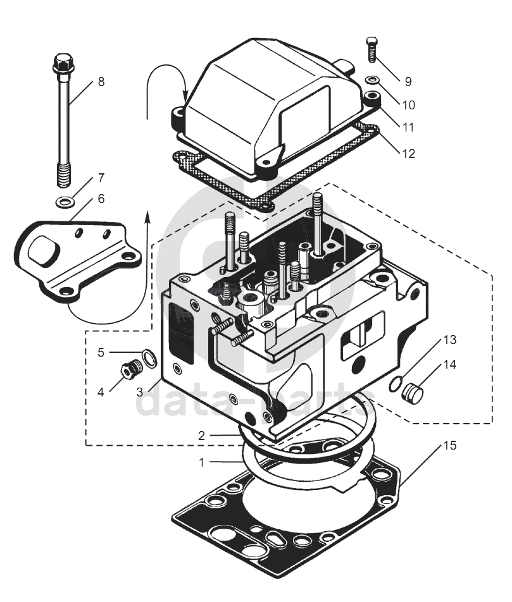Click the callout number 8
[x=101, y=82]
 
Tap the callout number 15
[x=450, y=445]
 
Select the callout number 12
[x=409, y=154]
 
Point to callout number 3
[x=139, y=392]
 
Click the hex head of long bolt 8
[x=64, y=63]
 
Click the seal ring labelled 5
[x=149, y=358]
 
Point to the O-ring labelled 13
[x=396, y=384]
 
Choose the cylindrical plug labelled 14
[x=412, y=393]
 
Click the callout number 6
[x=101, y=199]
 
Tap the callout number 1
[x=201, y=463]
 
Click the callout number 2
[x=201, y=436]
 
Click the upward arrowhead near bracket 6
[x=147, y=215]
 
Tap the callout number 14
[x=450, y=364]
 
